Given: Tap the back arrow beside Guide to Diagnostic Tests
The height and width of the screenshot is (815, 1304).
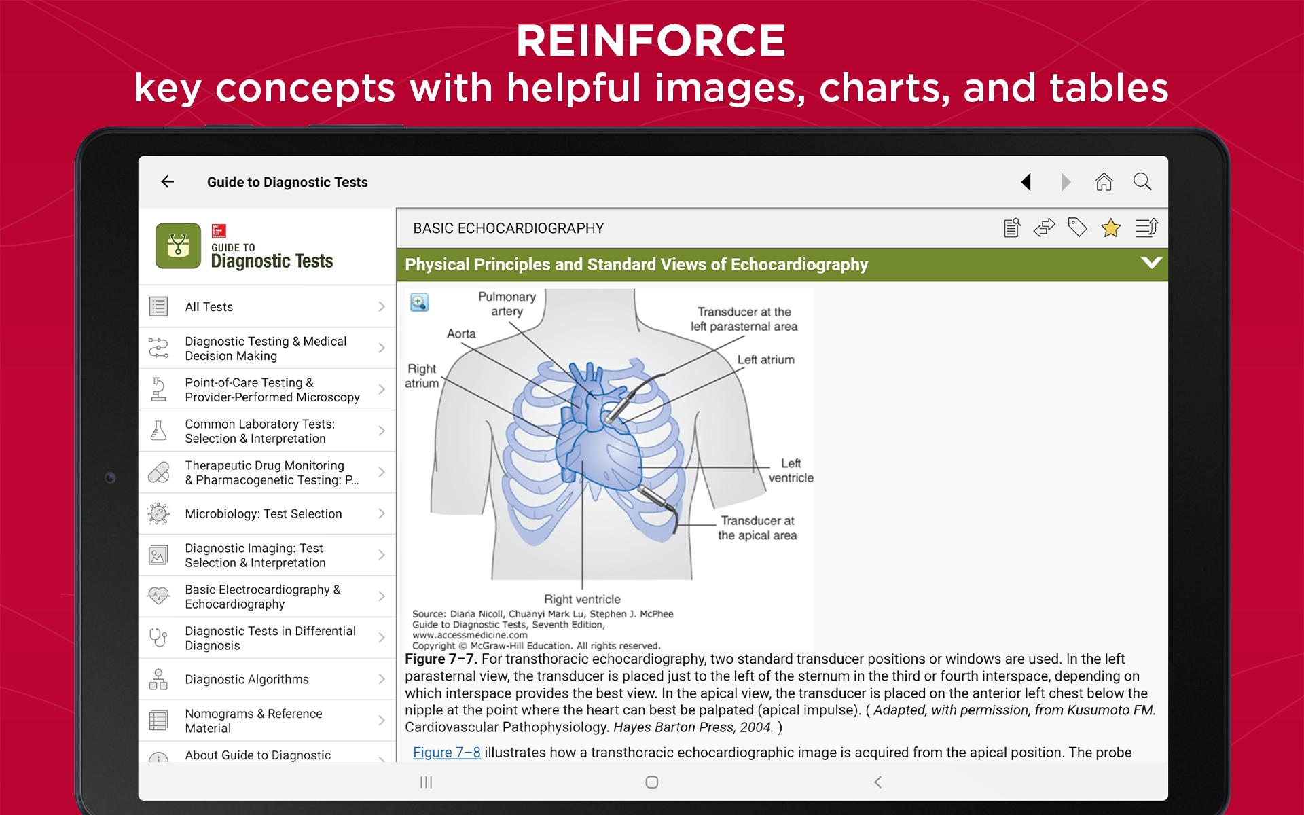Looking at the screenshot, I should tap(167, 181).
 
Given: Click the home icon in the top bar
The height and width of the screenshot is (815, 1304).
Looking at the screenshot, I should tap(1104, 181).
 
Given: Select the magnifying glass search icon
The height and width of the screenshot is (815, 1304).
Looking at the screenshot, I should tap(1142, 181).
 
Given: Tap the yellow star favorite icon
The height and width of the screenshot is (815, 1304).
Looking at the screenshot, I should tap(1110, 228).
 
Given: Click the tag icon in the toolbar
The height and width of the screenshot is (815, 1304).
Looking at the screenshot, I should tap(1077, 228).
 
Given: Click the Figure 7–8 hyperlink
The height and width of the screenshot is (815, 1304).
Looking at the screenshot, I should tap(446, 753).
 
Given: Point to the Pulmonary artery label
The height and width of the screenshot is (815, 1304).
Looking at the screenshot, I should tap(507, 304).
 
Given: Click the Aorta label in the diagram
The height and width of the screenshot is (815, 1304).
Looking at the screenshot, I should tap(461, 333).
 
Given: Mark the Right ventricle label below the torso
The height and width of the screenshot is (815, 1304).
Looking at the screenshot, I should tap(582, 599).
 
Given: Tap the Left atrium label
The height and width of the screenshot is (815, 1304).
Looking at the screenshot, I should tap(765, 360).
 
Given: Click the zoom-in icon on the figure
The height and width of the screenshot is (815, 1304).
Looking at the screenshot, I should tap(419, 303).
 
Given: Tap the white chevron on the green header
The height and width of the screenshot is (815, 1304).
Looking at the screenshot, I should tap(1151, 263).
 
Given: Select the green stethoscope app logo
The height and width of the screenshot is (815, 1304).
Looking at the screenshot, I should tap(178, 246).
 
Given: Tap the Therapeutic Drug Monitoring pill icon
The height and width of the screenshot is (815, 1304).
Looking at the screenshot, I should tap(158, 472).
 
